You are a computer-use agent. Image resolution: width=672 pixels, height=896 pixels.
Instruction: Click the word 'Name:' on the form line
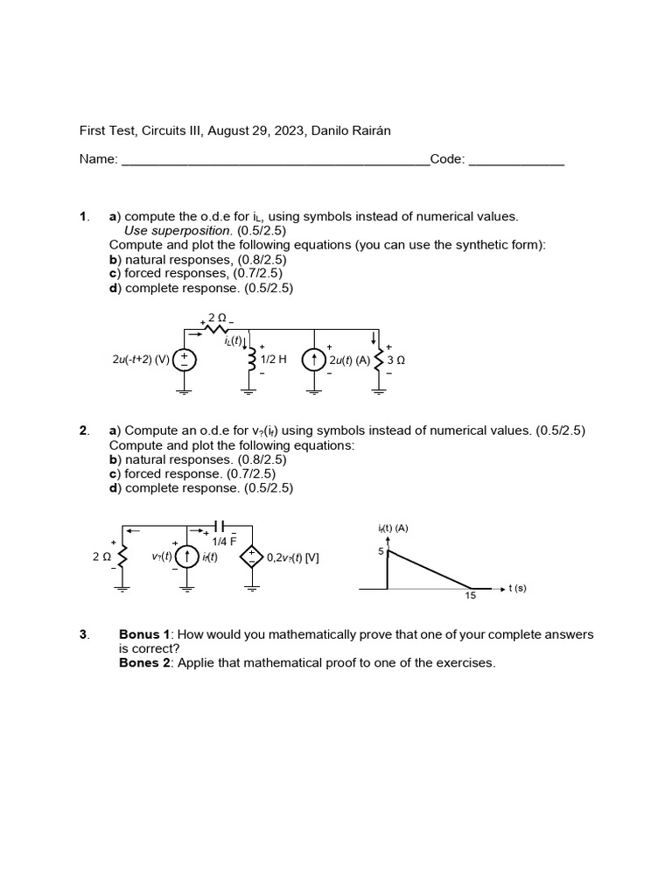point(98,159)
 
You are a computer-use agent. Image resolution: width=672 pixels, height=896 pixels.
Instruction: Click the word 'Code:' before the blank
point(448,159)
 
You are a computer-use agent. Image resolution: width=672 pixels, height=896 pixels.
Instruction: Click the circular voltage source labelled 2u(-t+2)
point(185,360)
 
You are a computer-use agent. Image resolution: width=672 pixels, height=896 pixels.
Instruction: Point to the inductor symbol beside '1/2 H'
point(252,360)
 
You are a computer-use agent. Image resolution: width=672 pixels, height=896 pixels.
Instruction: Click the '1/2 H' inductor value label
point(274,360)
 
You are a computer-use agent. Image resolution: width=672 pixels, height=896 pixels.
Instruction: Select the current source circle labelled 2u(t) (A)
point(314,360)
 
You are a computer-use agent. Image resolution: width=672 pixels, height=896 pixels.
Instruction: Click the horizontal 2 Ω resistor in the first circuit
point(217,329)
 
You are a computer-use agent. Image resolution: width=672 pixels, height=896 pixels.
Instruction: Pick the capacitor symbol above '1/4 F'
point(220,526)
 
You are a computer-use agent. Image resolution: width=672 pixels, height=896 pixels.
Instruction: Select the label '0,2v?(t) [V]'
point(292,556)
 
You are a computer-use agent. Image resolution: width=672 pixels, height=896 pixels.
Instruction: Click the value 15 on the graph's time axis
point(470,598)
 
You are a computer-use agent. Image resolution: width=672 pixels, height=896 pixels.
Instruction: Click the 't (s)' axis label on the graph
point(517,588)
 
